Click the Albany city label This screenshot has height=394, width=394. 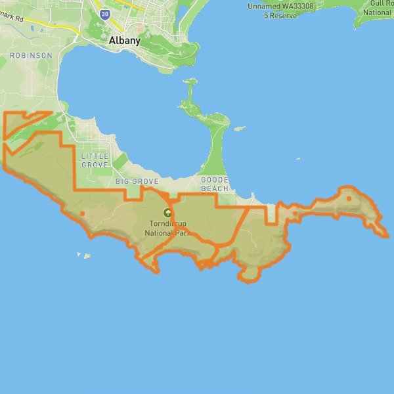[x=125, y=41]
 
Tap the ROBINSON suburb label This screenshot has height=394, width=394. [x=31, y=56]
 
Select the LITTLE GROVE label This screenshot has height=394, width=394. [x=95, y=160]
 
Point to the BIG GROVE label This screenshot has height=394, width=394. [x=137, y=181]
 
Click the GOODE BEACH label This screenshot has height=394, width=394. [x=215, y=184]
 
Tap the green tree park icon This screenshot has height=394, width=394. [x=167, y=213]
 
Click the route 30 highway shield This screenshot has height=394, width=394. [x=106, y=13]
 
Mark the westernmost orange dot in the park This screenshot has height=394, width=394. [x=82, y=213]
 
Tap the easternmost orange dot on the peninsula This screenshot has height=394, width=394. [x=349, y=198]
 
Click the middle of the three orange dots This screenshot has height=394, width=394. [x=295, y=213]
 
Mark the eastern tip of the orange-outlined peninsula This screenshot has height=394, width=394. [x=386, y=235]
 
